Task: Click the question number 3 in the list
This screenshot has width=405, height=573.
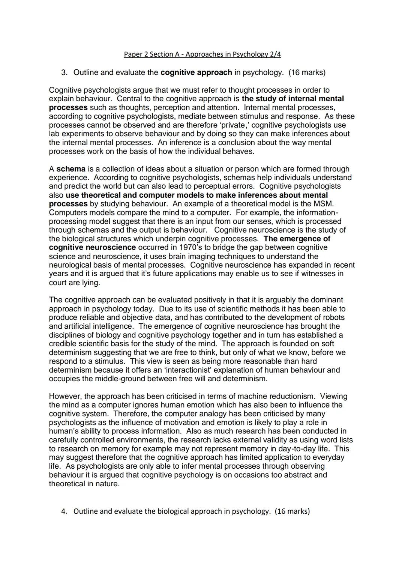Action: [x=64, y=72]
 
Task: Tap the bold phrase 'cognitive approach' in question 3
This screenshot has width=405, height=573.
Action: [x=196, y=72]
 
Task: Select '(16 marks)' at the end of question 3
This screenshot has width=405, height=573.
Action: [x=307, y=72]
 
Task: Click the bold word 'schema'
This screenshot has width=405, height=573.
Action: [x=71, y=169]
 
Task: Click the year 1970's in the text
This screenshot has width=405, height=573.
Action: [x=192, y=248]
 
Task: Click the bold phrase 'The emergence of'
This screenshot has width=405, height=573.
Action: [x=297, y=239]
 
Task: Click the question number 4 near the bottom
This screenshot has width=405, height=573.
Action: [x=64, y=511]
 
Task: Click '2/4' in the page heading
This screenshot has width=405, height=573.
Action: [x=275, y=54]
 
